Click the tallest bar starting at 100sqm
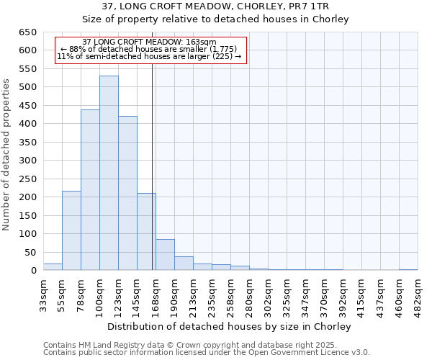pyautogui.click(x=109, y=173)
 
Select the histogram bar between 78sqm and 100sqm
pyautogui.click(x=90, y=190)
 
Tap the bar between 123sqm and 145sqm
pyautogui.click(x=127, y=193)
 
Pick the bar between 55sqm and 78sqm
pyautogui.click(x=71, y=230)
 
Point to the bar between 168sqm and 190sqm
pyautogui.click(x=165, y=255)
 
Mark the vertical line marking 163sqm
pyautogui.click(x=153, y=166)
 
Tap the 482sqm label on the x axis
pyautogui.click(x=418, y=296)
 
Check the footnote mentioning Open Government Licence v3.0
pyautogui.click(x=206, y=352)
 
